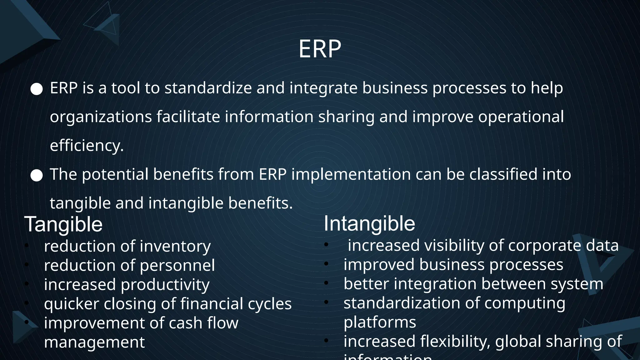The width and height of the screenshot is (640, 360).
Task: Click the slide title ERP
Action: (x=320, y=49)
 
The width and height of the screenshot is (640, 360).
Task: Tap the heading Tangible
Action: (x=63, y=224)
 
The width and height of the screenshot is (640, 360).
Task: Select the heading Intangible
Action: (x=369, y=224)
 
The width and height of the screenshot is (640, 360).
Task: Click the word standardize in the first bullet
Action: (x=208, y=88)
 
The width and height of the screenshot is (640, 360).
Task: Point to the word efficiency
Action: (x=87, y=146)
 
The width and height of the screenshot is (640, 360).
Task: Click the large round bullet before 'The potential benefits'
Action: (x=37, y=176)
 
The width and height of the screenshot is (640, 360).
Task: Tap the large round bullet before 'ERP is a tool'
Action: (x=37, y=89)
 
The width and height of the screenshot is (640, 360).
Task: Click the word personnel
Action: (x=177, y=266)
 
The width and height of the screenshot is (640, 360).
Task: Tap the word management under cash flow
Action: (x=94, y=342)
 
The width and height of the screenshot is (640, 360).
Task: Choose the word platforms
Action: (x=380, y=322)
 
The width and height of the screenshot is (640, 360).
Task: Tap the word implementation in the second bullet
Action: (x=351, y=174)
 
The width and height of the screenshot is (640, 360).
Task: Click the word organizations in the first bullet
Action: (x=101, y=117)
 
